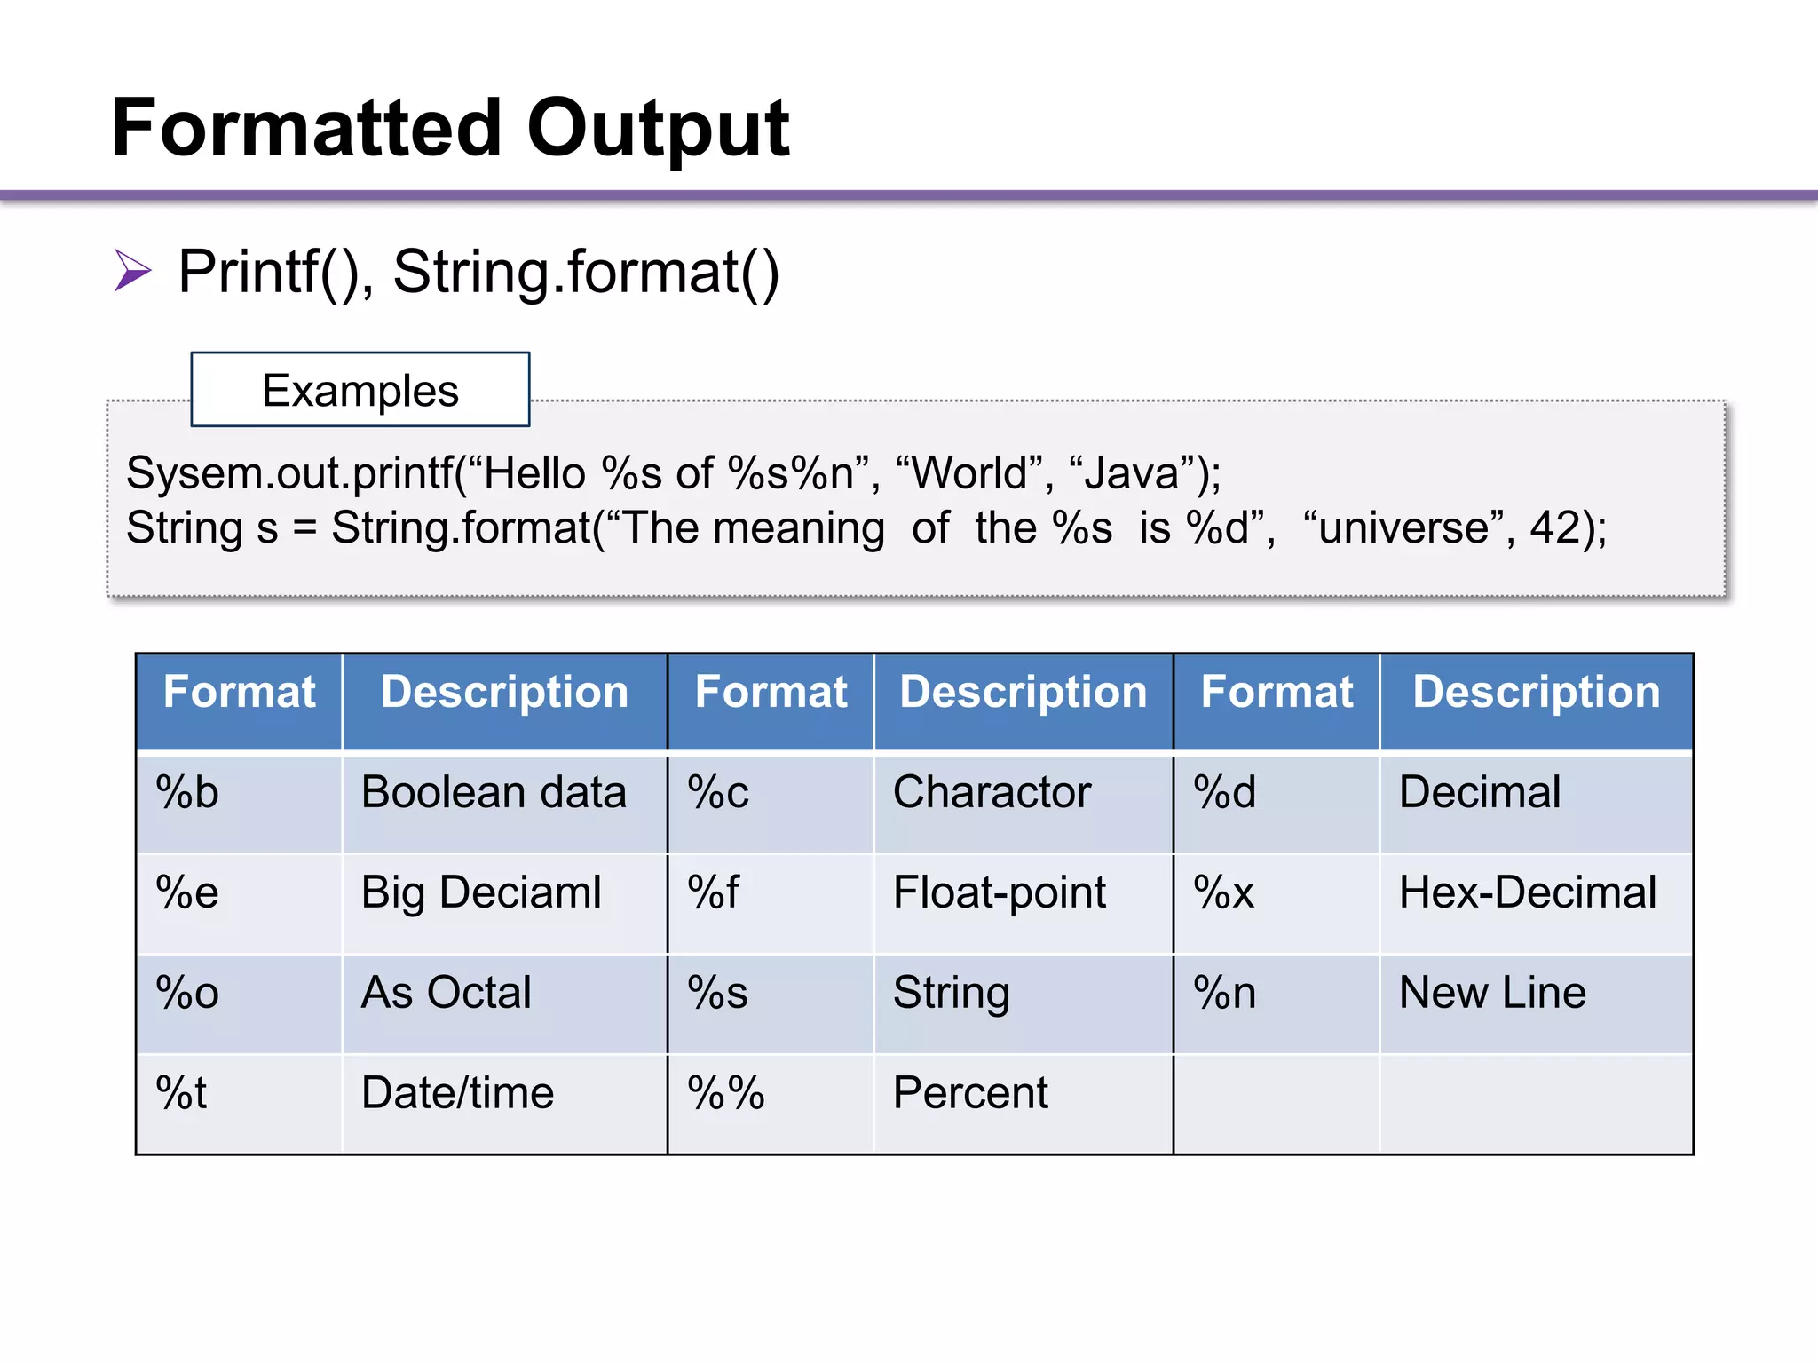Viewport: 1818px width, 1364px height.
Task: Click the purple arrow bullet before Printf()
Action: click(x=133, y=270)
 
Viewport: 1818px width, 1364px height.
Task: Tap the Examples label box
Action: click(x=360, y=390)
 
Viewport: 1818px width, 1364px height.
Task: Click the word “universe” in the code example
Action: click(x=1403, y=527)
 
